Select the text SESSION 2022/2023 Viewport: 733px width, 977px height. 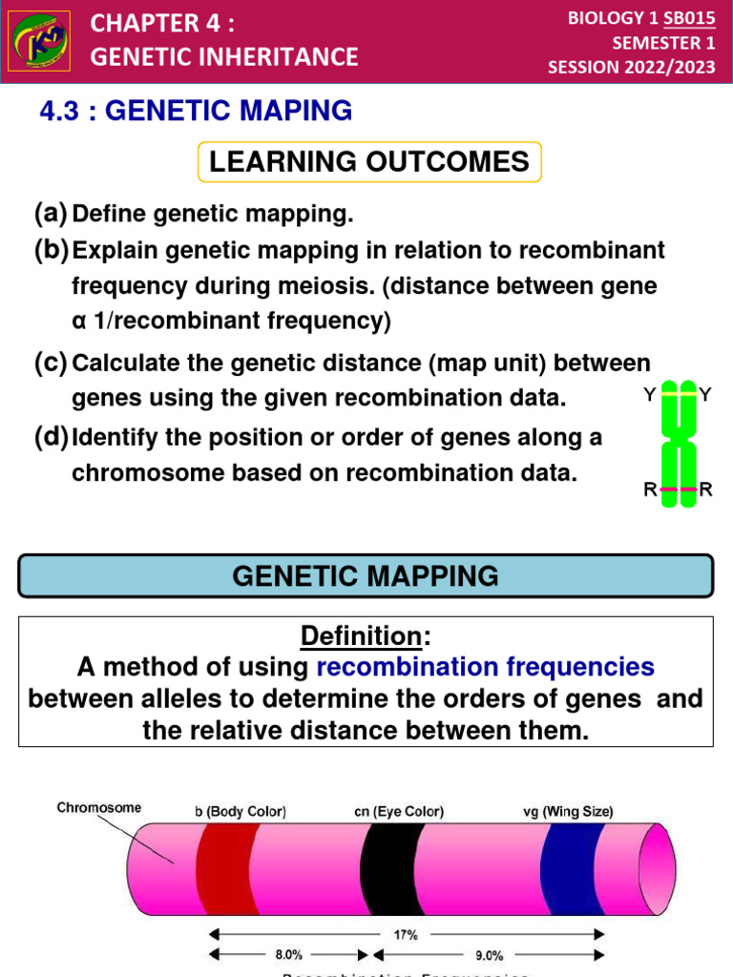[x=631, y=67]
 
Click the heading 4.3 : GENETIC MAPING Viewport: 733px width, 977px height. [x=196, y=112]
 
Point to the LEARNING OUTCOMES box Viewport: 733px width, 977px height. [x=368, y=161]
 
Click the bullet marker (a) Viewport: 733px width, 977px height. [x=52, y=214]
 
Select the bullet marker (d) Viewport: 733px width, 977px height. [x=52, y=438]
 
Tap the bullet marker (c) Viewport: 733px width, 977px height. [x=52, y=363]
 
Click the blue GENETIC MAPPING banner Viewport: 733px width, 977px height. [x=366, y=576]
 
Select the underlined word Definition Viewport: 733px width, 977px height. [x=361, y=635]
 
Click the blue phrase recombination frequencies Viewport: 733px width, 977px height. [x=485, y=667]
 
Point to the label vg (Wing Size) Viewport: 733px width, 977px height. [x=567, y=812]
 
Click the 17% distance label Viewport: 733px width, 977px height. [x=406, y=935]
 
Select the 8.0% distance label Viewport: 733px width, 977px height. [x=289, y=954]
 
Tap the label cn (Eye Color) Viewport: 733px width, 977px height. [x=398, y=812]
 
